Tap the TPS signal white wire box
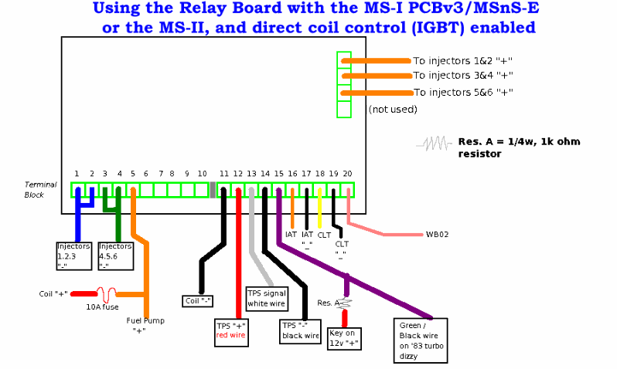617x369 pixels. click(267, 298)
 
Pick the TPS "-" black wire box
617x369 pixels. click(300, 330)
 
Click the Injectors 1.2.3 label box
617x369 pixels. click(74, 256)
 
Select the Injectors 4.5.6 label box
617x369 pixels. click(115, 256)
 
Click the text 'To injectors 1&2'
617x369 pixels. click(452, 60)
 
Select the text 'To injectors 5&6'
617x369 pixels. click(452, 93)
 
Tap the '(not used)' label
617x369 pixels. click(393, 110)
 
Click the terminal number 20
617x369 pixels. click(347, 174)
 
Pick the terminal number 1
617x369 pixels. click(77, 174)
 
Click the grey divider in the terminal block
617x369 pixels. click(213, 190)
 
